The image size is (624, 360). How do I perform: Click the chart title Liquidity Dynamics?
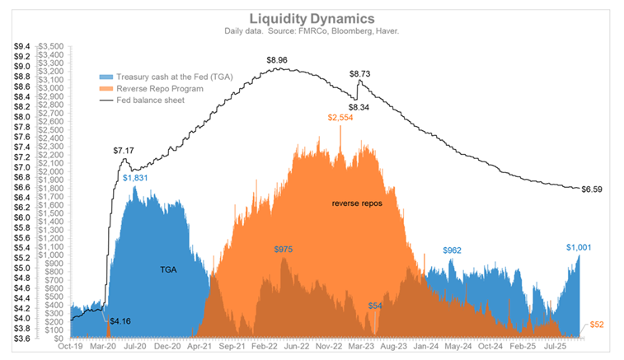click(x=312, y=19)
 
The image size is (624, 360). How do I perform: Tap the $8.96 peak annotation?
click(x=277, y=60)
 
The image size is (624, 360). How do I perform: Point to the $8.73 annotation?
click(x=359, y=74)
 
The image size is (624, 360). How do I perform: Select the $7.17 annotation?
click(x=124, y=151)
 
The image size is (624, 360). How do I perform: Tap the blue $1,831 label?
click(x=136, y=177)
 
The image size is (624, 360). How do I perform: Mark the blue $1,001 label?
click(x=579, y=247)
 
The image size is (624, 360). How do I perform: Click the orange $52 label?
click(x=598, y=325)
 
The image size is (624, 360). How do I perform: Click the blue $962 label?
click(x=453, y=250)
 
